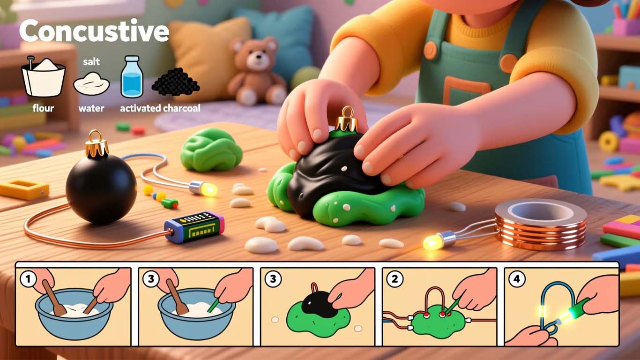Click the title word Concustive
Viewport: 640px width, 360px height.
point(94,31)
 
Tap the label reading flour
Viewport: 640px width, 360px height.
point(43,108)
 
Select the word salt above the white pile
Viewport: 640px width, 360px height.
point(91,61)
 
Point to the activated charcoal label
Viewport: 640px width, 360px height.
point(160,108)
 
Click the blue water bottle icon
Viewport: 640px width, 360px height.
point(132,76)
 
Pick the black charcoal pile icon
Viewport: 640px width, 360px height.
point(176,82)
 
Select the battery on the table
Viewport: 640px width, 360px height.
point(194,226)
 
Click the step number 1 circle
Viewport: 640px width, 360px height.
point(28,278)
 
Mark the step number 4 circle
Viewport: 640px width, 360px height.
point(517,278)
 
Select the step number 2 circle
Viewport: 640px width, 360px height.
point(395,278)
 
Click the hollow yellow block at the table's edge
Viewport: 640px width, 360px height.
point(24,189)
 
